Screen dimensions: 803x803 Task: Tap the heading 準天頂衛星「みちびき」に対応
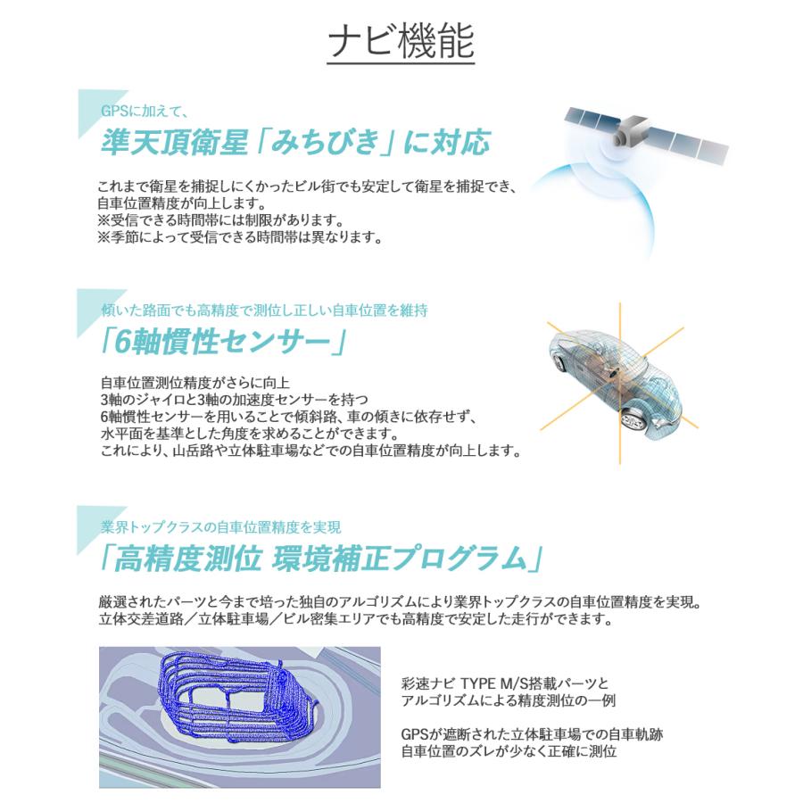(x=296, y=143)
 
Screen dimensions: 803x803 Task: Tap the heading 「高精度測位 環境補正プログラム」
(x=321, y=558)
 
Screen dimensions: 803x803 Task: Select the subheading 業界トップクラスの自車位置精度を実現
(x=220, y=527)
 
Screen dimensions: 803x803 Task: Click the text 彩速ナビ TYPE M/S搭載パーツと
(x=517, y=684)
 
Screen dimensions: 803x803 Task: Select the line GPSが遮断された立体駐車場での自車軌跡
(x=532, y=734)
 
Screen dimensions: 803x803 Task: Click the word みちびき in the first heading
(x=322, y=143)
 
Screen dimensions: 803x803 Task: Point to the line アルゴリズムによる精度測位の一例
(x=509, y=701)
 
